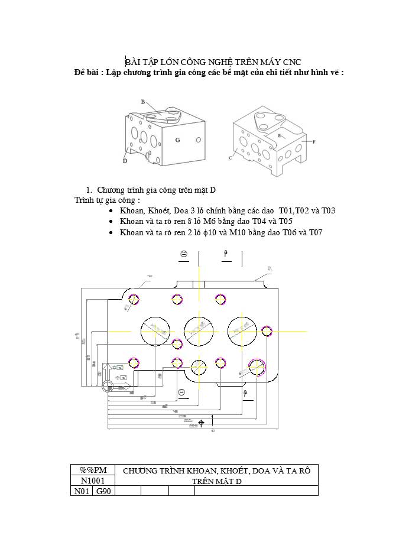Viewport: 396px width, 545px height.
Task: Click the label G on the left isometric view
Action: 177,140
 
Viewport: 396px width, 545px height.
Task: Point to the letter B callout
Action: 143,102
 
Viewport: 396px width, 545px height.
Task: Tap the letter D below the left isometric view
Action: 125,161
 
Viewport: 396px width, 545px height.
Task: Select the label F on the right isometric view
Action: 313,142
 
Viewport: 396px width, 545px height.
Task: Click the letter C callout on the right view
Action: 230,158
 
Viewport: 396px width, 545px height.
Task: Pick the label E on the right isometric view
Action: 280,135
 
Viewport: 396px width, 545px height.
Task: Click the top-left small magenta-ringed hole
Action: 134,299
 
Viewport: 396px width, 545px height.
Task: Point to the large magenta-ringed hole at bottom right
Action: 258,367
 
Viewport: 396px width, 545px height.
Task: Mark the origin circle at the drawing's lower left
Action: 108,387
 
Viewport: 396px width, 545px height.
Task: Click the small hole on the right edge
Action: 267,331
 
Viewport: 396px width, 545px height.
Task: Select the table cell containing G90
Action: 103,491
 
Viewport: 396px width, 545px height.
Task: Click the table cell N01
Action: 81,491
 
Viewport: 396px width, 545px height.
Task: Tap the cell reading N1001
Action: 92,481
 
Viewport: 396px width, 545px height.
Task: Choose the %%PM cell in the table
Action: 92,471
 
